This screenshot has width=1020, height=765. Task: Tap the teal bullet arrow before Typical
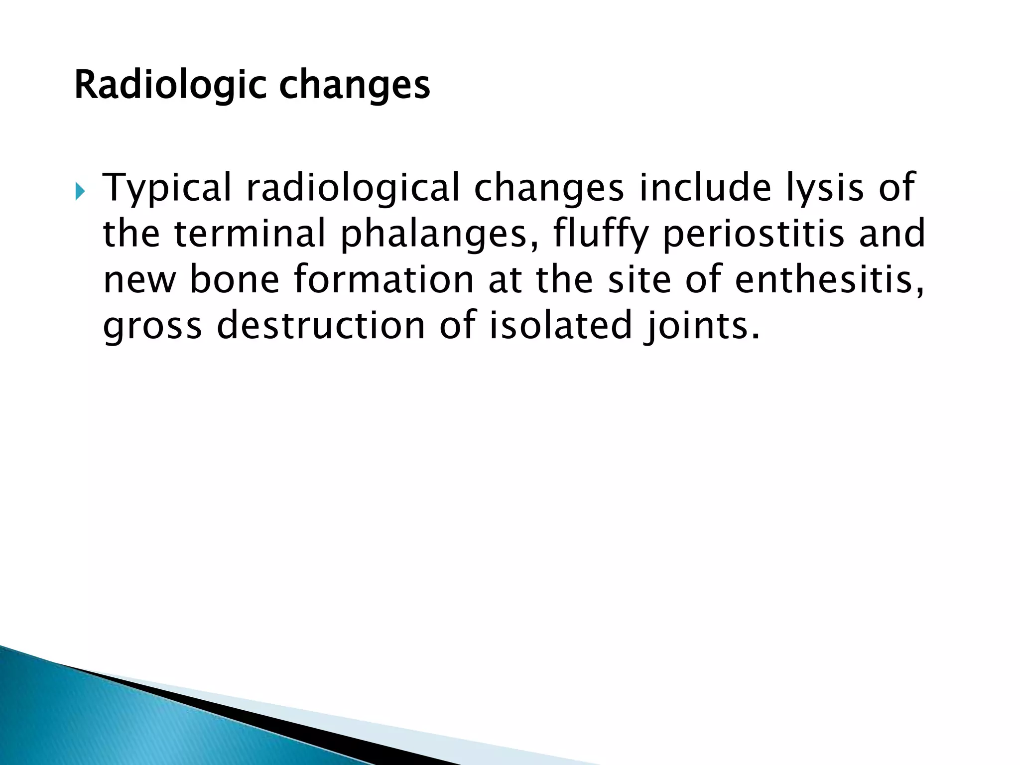tap(81, 191)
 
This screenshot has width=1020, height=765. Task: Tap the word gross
tap(152, 326)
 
